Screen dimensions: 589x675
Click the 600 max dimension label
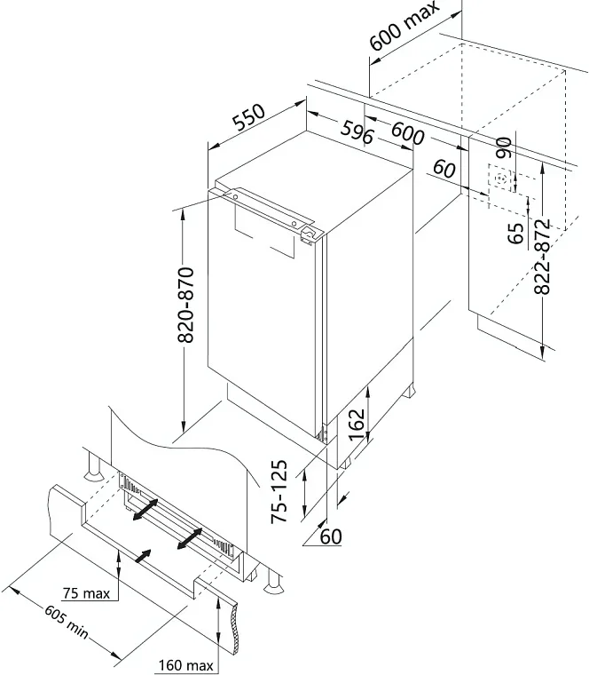tap(404, 26)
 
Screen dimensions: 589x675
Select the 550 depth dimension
tap(249, 116)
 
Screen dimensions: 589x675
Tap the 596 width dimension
tap(357, 132)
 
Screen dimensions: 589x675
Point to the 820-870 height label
tap(186, 305)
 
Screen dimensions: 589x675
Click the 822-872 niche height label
tap(542, 257)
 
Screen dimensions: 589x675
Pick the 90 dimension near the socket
tap(503, 147)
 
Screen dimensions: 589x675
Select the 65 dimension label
tap(515, 234)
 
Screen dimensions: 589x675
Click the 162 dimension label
tap(357, 424)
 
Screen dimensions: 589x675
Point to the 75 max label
tap(86, 593)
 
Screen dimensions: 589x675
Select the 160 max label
tap(186, 665)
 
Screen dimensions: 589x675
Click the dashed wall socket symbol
tap(500, 179)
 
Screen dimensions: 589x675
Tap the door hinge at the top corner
tap(310, 234)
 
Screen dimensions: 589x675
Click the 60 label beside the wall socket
tap(444, 169)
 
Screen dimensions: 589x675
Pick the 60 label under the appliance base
tap(331, 536)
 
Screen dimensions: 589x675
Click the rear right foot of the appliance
tap(408, 390)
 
